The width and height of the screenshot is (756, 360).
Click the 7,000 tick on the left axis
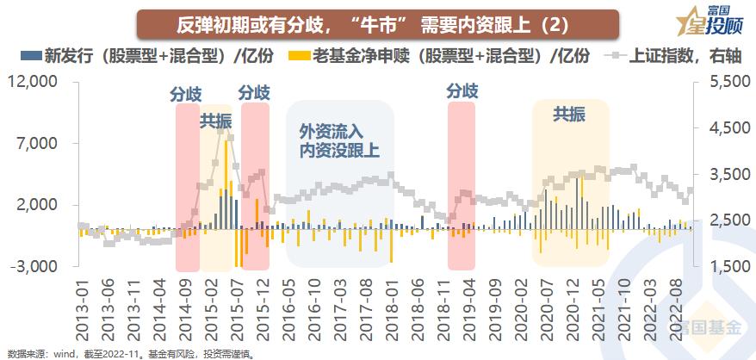pos(39,143)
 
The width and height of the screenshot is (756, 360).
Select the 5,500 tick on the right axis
pos(728,82)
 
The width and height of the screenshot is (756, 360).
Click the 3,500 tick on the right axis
pos(728,174)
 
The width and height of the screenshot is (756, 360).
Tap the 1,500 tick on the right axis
pos(728,266)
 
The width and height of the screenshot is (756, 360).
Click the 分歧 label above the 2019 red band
pos(462,90)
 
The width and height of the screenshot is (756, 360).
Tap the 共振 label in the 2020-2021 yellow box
pos(569,114)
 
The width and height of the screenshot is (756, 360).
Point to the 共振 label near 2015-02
pos(216,121)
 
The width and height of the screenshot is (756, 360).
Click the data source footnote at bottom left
pos(125,353)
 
